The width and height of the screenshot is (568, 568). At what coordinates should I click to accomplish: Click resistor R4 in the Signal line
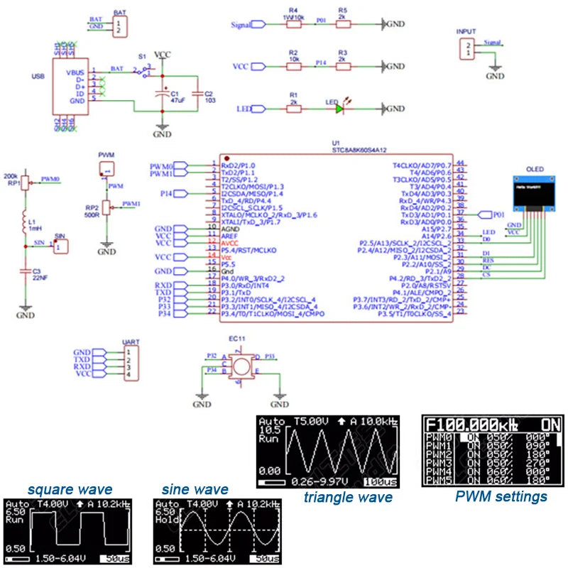click(x=293, y=23)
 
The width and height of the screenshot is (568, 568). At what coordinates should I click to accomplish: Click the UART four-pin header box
click(x=128, y=363)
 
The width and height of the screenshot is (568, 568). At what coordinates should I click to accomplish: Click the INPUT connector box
click(x=466, y=48)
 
